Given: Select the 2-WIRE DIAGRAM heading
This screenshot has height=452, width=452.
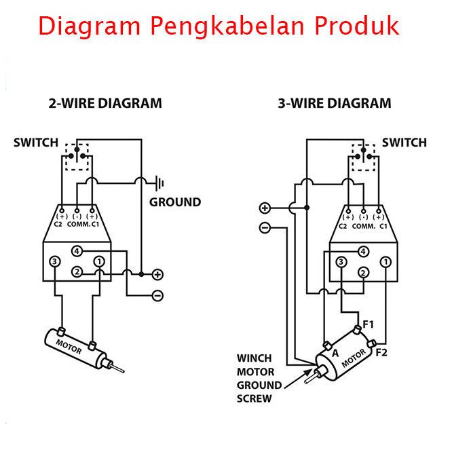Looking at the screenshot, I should click(105, 104).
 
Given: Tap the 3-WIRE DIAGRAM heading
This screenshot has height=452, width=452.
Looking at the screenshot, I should click(335, 104).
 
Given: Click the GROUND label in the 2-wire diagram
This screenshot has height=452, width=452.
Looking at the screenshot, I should click(175, 202).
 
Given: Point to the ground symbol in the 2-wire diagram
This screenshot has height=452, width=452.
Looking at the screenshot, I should click(160, 183).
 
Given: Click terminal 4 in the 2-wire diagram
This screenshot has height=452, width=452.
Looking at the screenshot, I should click(77, 251).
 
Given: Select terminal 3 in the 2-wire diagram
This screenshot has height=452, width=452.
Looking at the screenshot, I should click(55, 261).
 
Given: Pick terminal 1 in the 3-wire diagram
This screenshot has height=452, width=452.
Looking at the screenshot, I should click(385, 262).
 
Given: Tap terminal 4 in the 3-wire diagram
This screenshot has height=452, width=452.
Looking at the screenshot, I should click(364, 252).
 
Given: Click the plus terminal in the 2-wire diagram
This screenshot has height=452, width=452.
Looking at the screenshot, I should click(157, 275).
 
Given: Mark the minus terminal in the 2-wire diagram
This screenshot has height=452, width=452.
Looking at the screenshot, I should click(157, 295).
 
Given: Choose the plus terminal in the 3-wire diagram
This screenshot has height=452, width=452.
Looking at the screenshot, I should click(265, 208).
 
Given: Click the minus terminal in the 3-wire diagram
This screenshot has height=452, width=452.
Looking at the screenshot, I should click(265, 228).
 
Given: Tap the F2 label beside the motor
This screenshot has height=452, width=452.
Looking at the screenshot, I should click(381, 352).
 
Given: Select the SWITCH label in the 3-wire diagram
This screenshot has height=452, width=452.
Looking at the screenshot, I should click(404, 143).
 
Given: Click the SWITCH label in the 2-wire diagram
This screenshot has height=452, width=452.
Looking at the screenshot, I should click(36, 143).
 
